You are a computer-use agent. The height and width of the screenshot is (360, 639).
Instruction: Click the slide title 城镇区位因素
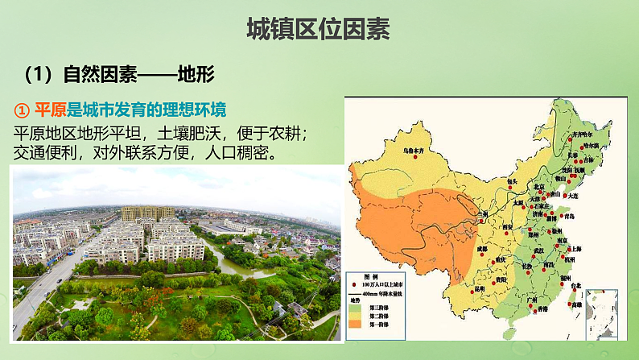coord(319,31)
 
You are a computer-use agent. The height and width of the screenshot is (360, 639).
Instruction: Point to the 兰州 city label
coord(482,213)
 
